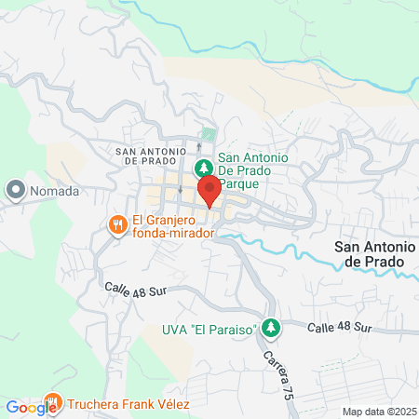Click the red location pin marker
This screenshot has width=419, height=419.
point(209,189)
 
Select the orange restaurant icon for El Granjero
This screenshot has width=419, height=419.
point(117,224)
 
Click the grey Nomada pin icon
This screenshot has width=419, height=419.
point(15,191)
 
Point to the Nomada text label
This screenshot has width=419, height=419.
point(56,192)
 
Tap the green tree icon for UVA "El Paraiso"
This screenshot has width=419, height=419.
point(270,327)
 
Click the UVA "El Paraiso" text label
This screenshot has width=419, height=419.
point(208,328)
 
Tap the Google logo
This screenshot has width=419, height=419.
point(31,406)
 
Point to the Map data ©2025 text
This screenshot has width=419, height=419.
point(379,412)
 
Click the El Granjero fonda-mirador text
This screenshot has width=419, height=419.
point(174,227)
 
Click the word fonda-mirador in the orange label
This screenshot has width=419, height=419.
point(174,234)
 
